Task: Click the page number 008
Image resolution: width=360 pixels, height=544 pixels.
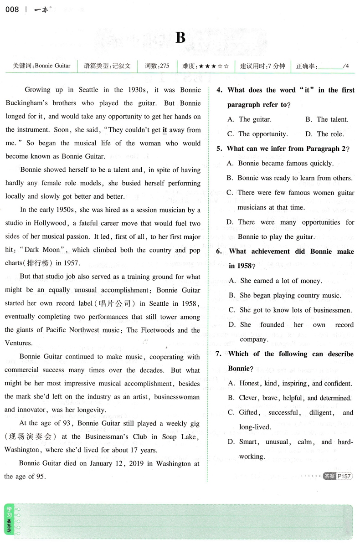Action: click(12, 9)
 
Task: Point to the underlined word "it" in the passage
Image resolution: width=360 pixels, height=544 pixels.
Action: click(165, 130)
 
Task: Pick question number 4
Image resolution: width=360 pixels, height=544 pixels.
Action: click(219, 90)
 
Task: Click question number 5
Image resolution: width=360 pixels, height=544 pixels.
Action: click(219, 149)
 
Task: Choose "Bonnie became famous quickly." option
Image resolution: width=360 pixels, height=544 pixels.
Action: click(283, 163)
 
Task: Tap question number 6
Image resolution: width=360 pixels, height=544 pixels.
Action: click(219, 251)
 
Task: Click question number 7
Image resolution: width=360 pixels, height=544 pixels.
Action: click(219, 354)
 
